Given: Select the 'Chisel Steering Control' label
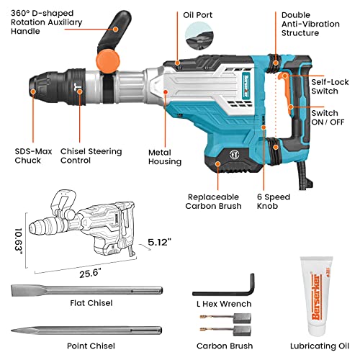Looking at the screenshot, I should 90,157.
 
